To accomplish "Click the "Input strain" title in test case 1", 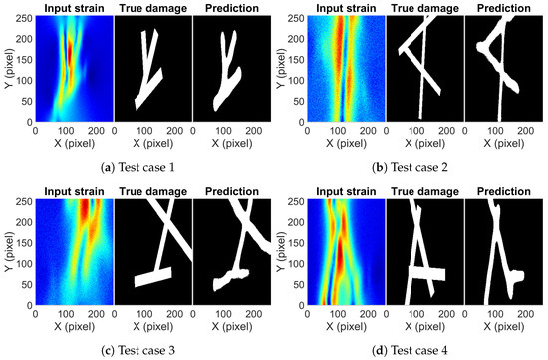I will (x=73, y=9).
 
